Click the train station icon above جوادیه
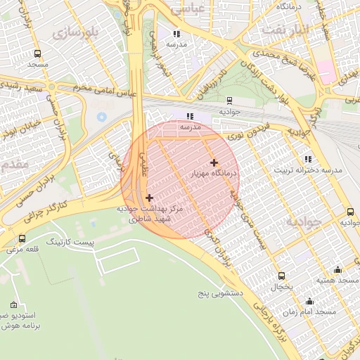pos(230,101)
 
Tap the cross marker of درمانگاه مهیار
pos(214,162)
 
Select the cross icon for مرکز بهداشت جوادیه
pos(149,198)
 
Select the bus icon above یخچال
pos(282,276)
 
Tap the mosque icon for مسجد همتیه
pos(337,269)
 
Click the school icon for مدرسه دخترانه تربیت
pos(308,159)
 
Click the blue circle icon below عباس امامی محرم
pos(102,116)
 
